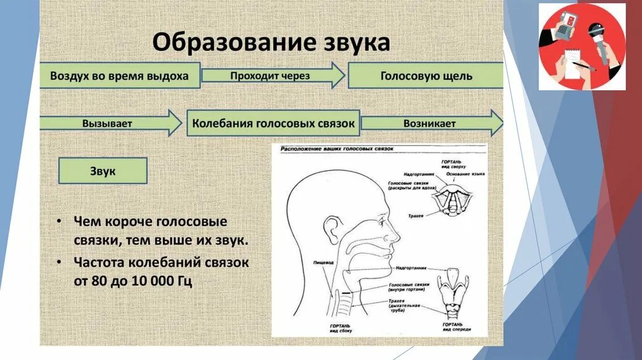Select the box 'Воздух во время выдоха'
click(120, 76)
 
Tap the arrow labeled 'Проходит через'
click(273, 76)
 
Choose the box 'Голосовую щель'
click(426, 76)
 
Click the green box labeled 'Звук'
click(102, 171)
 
